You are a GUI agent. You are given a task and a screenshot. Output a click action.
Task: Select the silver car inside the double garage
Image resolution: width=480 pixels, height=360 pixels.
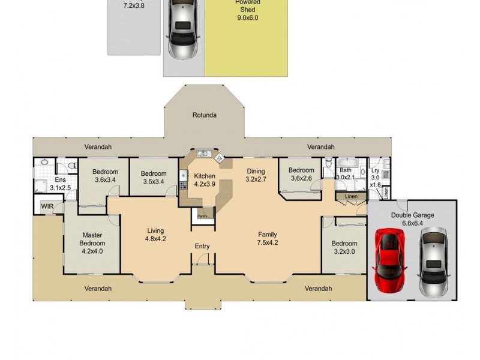pos(433,262)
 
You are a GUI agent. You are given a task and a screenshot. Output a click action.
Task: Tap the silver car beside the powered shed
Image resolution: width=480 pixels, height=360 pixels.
pos(184,30)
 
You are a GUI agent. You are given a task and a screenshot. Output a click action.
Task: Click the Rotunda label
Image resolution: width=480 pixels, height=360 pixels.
pos(204,115)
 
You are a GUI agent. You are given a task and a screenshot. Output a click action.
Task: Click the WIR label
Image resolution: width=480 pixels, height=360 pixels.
pos(47,206)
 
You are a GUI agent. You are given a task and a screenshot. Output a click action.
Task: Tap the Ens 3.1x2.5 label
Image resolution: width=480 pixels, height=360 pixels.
pos(60,184)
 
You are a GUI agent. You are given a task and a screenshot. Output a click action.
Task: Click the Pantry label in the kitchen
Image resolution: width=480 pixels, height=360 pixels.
pos(203,217)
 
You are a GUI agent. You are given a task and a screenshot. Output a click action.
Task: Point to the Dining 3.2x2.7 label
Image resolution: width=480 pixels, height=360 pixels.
pos(256,175)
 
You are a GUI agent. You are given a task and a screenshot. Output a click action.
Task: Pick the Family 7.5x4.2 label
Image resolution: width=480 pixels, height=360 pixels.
pos(267,239)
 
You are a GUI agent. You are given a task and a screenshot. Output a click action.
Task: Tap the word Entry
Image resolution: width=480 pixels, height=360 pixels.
pos(202,247)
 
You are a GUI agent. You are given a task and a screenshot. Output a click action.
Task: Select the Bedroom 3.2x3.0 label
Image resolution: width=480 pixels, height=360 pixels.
pos(344,248)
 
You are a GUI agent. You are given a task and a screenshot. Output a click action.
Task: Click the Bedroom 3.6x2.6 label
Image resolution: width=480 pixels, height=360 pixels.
pos(301,174)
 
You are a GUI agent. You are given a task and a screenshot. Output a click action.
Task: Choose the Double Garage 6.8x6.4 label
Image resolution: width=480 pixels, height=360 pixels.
pos(412,219)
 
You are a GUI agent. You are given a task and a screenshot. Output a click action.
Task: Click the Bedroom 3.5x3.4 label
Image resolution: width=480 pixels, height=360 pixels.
pos(154,178)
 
